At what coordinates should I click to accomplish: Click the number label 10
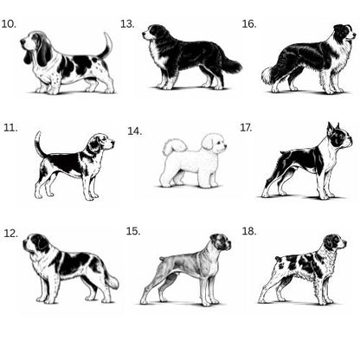point(9,24)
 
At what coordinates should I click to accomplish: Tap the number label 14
point(135,132)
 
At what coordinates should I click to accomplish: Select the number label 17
point(246,127)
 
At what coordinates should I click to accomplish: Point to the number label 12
point(10,233)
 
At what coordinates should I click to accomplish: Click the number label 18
point(249,231)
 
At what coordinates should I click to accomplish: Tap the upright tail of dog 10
point(106,46)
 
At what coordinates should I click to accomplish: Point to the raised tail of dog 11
point(39,144)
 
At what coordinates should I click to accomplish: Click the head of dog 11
point(101,143)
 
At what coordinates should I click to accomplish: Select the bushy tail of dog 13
point(231,65)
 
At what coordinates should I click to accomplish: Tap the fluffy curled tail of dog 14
point(175,145)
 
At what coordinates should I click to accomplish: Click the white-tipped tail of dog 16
point(271,74)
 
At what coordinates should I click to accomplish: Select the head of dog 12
point(37,244)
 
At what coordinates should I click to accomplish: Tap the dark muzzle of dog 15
point(227,244)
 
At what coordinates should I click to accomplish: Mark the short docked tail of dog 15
point(162,259)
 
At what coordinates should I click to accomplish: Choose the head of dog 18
point(335,241)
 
